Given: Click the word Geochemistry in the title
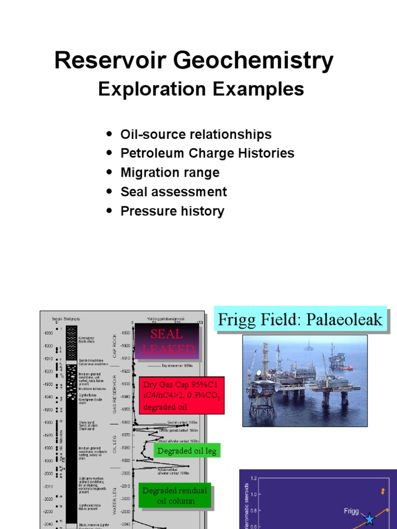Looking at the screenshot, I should [x=252, y=61].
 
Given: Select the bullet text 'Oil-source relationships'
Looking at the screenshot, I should [x=196, y=134].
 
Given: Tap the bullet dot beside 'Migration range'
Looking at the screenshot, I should [x=109, y=173].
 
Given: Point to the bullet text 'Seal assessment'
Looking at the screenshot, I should [x=174, y=192].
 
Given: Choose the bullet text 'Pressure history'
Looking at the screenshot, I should [x=172, y=211].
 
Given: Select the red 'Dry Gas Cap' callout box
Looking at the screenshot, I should [x=182, y=395].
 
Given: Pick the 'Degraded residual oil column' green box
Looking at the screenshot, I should [x=175, y=495].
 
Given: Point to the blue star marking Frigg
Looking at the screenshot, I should [x=369, y=519].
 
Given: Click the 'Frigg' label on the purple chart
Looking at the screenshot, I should [x=352, y=511].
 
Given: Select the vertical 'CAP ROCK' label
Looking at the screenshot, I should [x=115, y=347].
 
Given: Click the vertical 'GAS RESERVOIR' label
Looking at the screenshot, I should [x=115, y=394].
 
